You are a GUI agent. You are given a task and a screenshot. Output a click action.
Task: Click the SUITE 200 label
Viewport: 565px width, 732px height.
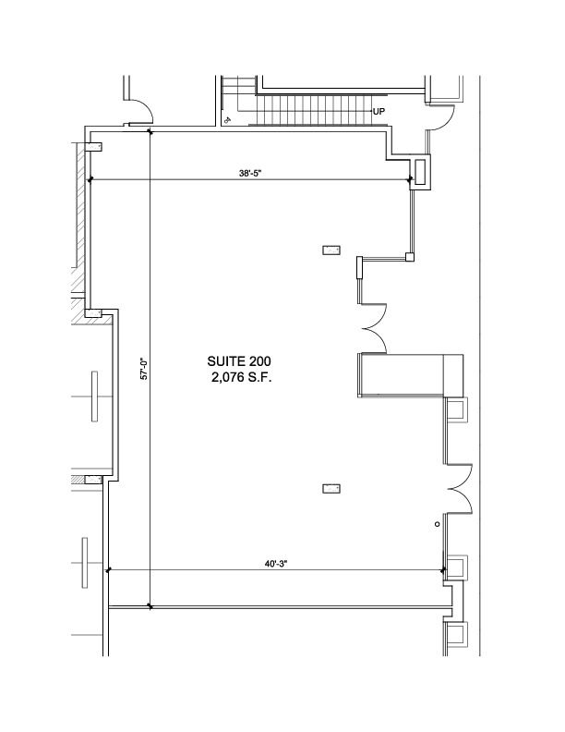click(239, 361)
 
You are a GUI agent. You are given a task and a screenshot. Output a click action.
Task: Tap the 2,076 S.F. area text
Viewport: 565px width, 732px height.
click(242, 377)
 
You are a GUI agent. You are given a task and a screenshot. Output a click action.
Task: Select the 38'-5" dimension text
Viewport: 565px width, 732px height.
click(250, 173)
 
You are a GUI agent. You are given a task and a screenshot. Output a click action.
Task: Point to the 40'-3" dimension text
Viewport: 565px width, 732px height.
click(276, 564)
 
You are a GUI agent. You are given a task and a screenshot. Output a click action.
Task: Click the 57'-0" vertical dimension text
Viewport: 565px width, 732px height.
click(144, 369)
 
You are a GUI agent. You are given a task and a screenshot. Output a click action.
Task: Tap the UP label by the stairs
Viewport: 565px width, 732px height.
click(379, 112)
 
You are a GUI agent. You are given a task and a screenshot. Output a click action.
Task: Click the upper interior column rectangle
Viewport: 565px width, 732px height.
click(331, 250)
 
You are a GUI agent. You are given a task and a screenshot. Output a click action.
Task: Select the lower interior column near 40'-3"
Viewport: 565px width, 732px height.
click(331, 489)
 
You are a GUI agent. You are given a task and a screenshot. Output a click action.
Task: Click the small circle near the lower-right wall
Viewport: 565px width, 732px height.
click(438, 524)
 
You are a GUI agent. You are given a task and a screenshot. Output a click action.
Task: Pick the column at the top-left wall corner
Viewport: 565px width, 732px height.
click(93, 147)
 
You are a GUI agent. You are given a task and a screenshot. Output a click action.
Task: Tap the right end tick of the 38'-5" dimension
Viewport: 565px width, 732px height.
click(410, 179)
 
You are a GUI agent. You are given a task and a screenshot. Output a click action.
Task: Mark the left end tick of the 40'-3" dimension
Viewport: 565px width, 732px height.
click(108, 570)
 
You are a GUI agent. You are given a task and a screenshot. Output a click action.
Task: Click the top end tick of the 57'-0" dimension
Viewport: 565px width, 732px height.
click(150, 131)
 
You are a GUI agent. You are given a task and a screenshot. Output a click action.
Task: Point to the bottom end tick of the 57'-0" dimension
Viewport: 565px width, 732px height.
click(150, 606)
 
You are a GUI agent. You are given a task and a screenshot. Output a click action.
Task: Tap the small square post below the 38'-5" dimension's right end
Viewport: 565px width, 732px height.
click(410, 257)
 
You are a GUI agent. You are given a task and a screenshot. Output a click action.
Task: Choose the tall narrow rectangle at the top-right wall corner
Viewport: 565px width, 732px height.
click(420, 172)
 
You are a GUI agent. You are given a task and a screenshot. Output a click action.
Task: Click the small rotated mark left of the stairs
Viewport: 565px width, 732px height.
click(227, 119)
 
